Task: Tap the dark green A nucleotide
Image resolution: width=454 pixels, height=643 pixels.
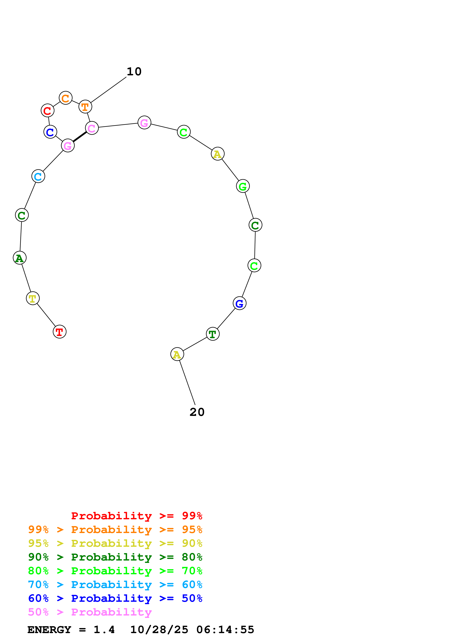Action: point(20,258)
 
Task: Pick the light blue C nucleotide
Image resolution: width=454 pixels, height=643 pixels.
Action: point(38,176)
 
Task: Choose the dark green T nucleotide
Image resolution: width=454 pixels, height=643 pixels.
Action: point(213,334)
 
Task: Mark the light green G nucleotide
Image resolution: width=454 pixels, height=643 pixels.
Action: point(243,186)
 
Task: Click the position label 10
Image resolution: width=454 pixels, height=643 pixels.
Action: point(134,72)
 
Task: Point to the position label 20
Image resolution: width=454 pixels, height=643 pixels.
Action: point(197,412)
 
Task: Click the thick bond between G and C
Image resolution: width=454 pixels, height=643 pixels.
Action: point(80,137)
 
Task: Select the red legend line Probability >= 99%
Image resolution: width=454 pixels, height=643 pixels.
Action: point(136,516)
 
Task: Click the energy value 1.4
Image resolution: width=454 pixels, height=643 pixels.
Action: point(104,630)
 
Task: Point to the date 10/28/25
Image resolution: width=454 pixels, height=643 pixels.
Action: point(159,630)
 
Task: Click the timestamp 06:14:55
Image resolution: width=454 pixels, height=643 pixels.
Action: point(225,630)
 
